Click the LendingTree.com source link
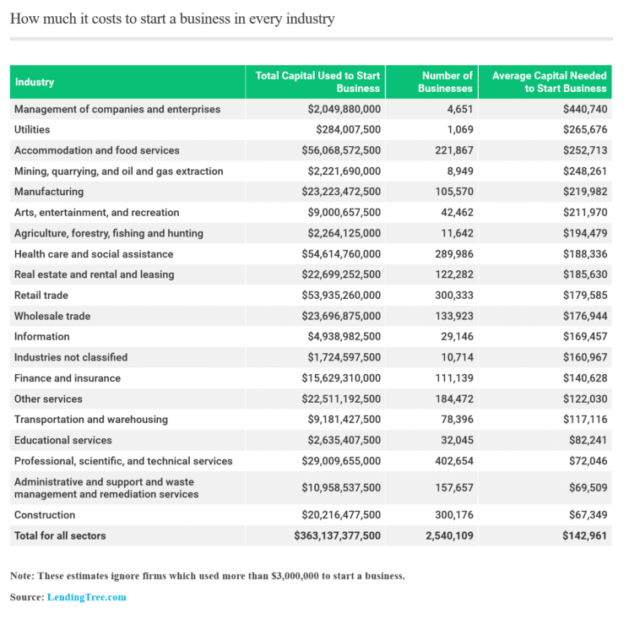pos(86,597)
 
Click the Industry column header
pos(35,82)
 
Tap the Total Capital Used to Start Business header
pos(318,82)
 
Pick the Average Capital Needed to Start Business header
pos(550,82)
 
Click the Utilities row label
pos(32,129)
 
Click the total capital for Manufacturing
pos(341,192)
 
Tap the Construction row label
pos(45,515)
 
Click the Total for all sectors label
pos(60,535)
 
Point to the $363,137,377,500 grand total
pos(338,535)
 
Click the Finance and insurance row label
pos(68,378)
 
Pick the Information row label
pos(42,337)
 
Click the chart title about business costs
pos(172,19)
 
